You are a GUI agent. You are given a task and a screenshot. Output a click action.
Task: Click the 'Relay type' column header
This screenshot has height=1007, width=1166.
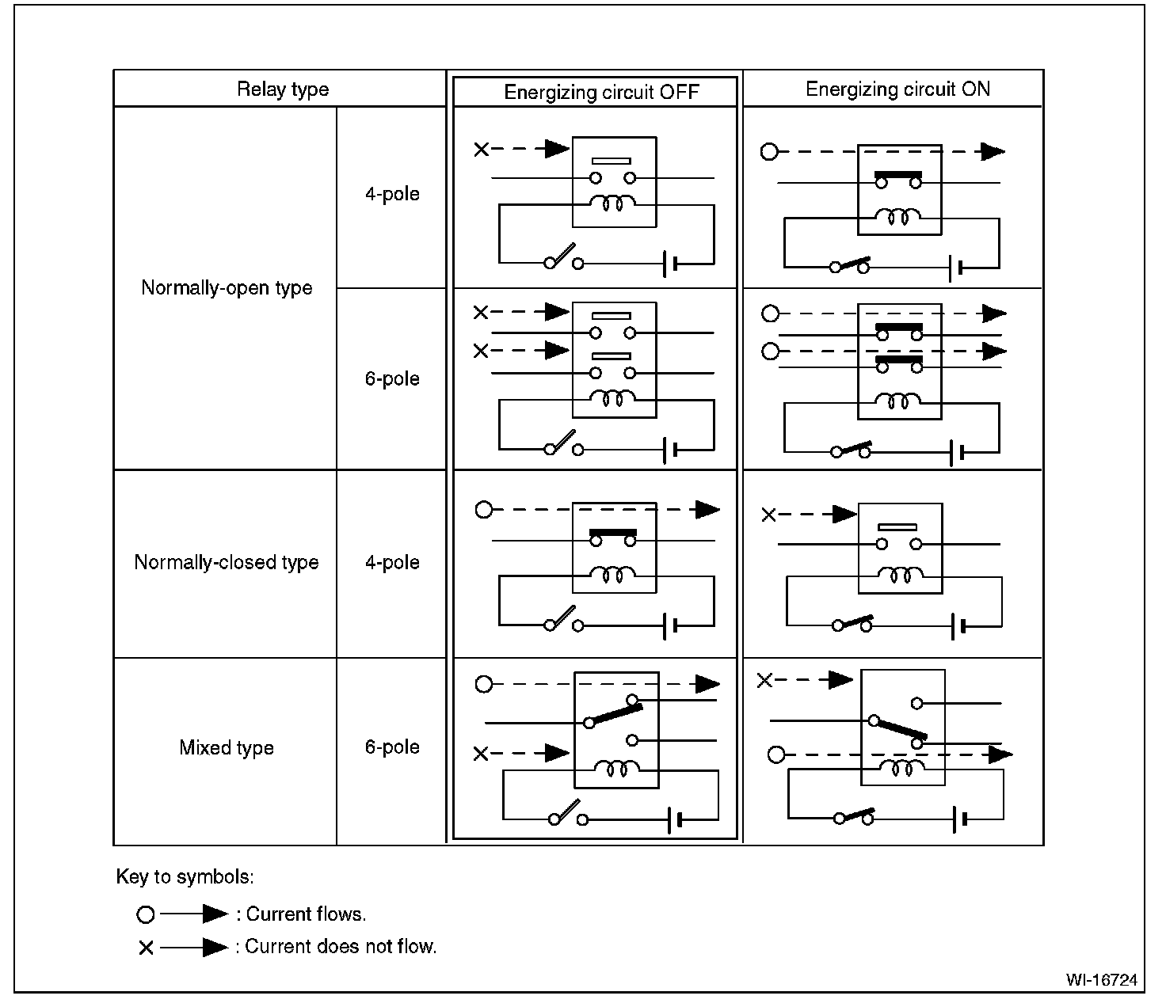coord(282,89)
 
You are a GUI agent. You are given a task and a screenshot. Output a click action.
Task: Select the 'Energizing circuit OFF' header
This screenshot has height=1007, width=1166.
coord(601,92)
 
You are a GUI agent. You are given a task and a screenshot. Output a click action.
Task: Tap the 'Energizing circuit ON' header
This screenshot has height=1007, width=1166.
coord(897,89)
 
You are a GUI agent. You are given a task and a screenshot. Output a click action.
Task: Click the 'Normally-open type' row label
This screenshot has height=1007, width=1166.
coord(227,287)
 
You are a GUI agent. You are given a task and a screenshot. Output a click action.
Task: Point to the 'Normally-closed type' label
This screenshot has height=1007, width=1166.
coord(227,562)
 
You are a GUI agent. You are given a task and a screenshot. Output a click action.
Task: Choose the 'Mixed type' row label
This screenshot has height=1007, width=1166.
coord(227,747)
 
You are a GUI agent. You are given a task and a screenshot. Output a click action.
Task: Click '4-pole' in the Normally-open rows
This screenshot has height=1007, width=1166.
coord(392,194)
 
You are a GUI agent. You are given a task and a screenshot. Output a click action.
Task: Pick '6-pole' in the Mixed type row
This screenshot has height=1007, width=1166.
coord(392,747)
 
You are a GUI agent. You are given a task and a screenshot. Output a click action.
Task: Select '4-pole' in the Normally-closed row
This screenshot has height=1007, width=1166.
coord(392,562)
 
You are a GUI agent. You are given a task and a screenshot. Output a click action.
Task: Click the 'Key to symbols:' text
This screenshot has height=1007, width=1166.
coord(185,876)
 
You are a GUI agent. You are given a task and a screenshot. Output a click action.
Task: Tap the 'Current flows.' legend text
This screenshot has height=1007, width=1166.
coord(306,914)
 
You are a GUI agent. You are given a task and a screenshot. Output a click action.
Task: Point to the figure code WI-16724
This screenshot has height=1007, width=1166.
coord(1101,980)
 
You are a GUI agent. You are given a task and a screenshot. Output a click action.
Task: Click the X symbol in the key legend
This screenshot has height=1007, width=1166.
coord(146,948)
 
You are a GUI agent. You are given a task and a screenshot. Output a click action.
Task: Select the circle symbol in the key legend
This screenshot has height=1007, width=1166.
coord(146,915)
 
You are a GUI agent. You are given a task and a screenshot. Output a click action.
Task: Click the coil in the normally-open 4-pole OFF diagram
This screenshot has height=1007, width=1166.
coord(613,203)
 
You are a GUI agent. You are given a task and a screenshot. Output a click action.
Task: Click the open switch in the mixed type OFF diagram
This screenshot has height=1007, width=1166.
coord(567,815)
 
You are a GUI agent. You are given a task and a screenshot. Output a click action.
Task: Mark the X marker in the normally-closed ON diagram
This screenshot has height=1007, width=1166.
coord(768,515)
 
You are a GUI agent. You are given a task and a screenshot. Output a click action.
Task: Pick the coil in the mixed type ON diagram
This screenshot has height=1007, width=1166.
coord(901,767)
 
